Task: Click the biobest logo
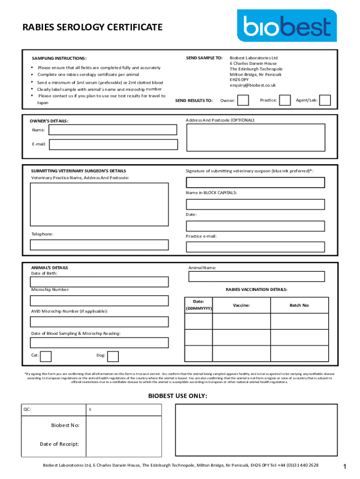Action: [x=287, y=26]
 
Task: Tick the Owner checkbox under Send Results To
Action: [x=243, y=101]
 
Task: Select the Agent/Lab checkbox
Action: [x=325, y=101]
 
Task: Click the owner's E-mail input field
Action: [x=113, y=145]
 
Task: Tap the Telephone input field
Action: [x=99, y=245]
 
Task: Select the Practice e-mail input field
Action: [x=255, y=247]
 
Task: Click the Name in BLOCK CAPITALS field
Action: [x=255, y=204]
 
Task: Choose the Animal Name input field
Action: [x=256, y=276]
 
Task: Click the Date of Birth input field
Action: [x=99, y=282]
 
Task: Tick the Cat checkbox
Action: [x=46, y=356]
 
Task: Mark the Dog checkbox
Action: [x=113, y=356]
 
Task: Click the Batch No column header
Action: [x=299, y=305]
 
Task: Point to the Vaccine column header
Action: [x=241, y=305]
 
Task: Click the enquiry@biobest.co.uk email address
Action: [x=252, y=86]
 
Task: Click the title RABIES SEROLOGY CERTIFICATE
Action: [x=93, y=27]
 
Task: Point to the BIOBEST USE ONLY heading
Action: [x=178, y=396]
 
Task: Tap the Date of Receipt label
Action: [x=59, y=444]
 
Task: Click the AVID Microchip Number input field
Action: [x=99, y=322]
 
